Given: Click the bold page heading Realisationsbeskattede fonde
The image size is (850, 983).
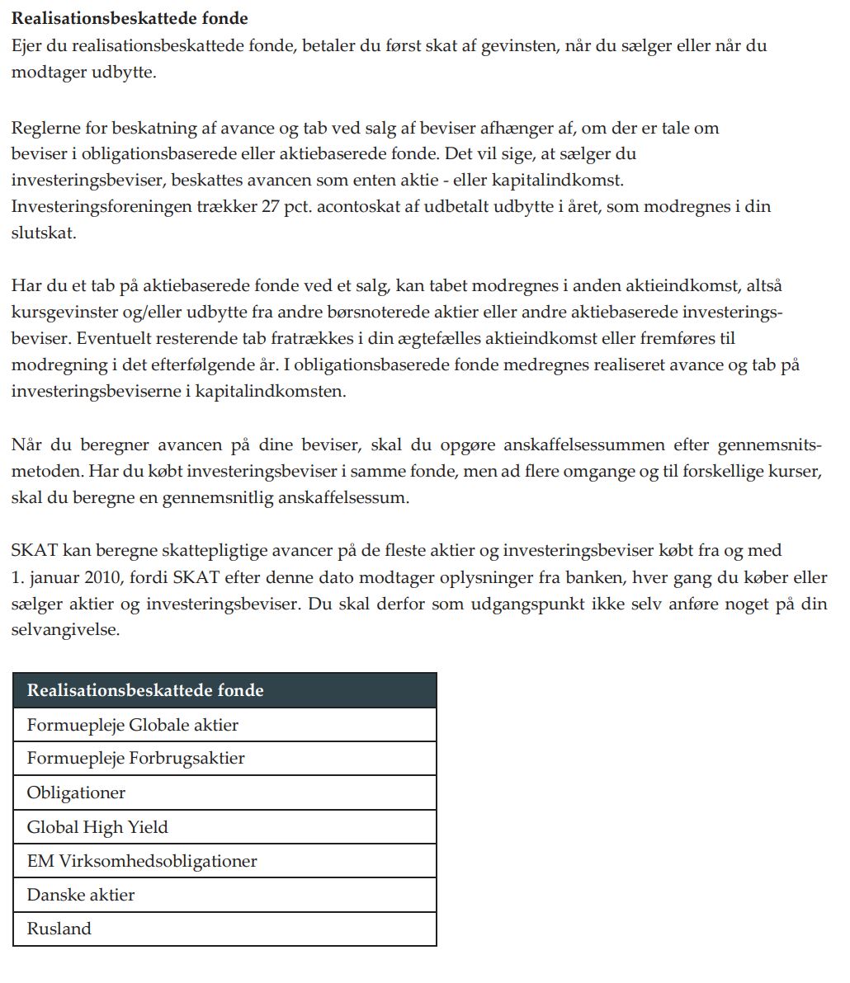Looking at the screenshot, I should [x=130, y=18].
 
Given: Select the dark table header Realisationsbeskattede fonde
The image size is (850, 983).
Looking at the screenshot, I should [x=145, y=690].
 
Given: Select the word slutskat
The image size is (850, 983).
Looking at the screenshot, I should [x=44, y=233].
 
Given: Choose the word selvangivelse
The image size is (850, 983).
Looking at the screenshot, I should [x=66, y=630].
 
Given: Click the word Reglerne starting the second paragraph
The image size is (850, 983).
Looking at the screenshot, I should [x=46, y=128].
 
